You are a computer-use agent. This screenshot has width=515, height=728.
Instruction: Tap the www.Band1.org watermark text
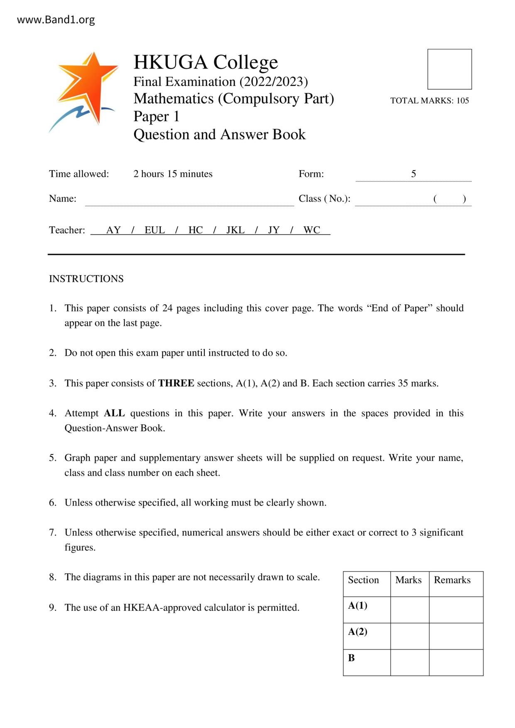tap(56, 20)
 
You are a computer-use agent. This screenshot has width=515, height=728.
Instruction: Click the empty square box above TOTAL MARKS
tap(449, 69)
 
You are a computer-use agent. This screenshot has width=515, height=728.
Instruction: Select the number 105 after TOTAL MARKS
tap(462, 100)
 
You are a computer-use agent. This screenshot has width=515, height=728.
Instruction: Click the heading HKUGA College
tap(206, 62)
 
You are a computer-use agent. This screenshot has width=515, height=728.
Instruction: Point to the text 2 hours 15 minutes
tap(173, 174)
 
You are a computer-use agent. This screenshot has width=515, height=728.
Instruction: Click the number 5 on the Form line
tap(413, 174)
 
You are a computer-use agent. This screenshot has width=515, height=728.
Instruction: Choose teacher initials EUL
tap(154, 230)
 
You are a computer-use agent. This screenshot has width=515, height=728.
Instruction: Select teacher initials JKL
tap(235, 230)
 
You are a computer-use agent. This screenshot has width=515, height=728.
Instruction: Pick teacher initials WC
tap(311, 230)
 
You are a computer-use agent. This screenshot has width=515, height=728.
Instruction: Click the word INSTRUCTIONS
tap(86, 279)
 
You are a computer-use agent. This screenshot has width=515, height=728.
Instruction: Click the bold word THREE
tap(176, 383)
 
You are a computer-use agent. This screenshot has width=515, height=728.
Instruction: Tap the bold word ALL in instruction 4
tap(114, 413)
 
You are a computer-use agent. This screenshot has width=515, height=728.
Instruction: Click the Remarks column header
tap(452, 580)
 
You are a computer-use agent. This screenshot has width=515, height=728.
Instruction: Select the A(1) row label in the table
tap(358, 606)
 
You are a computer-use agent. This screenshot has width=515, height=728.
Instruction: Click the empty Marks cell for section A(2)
tap(410, 636)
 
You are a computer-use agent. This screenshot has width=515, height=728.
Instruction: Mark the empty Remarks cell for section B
tap(456, 662)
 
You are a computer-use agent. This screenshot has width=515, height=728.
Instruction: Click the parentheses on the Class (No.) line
tap(449, 199)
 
